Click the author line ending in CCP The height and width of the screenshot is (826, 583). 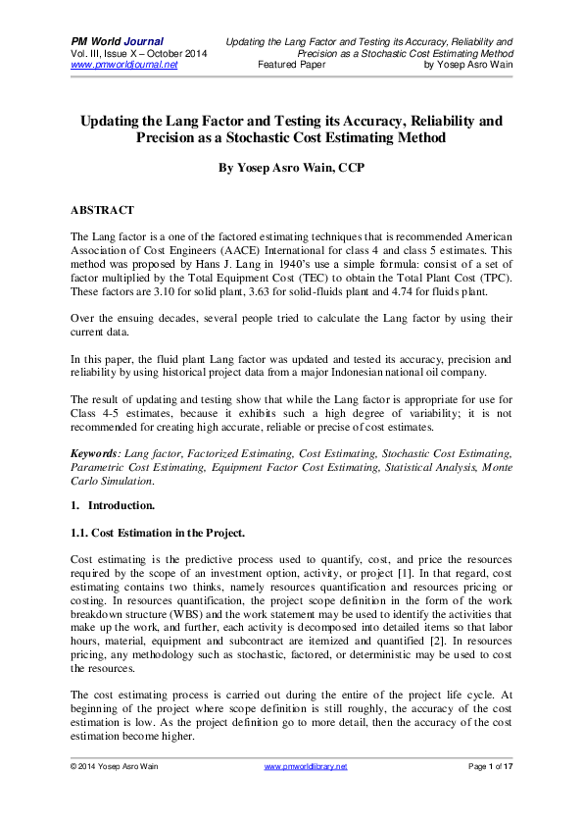pyautogui.click(x=290, y=168)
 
